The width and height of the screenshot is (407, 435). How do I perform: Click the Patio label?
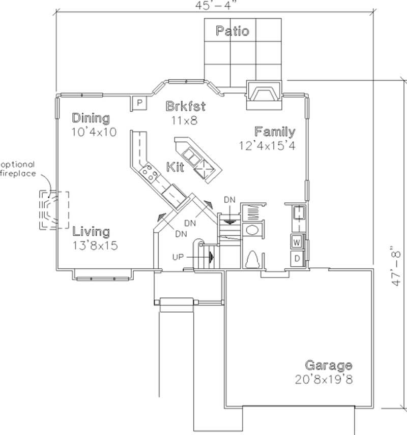(x=232, y=31)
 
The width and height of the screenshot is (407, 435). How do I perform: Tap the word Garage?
(x=328, y=365)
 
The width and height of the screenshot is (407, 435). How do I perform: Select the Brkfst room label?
(x=186, y=106)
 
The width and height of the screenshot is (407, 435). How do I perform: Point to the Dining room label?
(x=91, y=118)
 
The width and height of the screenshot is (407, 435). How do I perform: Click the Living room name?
(x=91, y=232)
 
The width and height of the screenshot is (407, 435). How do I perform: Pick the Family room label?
(x=275, y=132)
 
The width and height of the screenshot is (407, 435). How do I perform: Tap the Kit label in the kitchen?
(x=175, y=167)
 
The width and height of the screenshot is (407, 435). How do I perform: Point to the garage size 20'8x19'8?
(x=324, y=379)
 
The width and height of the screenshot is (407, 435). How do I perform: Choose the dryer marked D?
(x=297, y=257)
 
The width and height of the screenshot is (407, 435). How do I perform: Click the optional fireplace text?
(x=18, y=169)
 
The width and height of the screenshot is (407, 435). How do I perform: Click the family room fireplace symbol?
(x=264, y=95)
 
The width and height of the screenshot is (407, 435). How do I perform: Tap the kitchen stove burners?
(x=150, y=174)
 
